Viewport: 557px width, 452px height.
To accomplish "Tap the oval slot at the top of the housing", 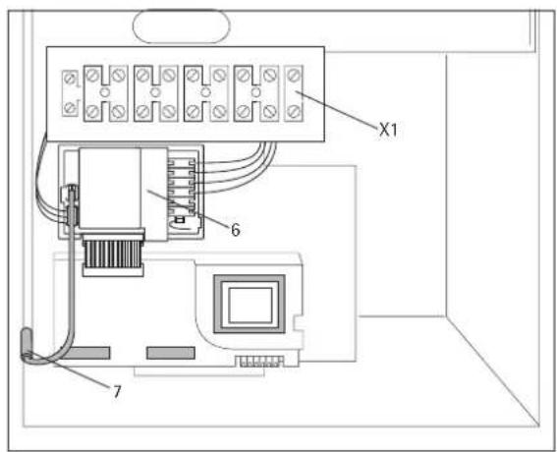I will pyautogui.click(x=178, y=25).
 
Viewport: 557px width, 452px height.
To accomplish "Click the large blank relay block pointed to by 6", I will pyautogui.click(x=110, y=193).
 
